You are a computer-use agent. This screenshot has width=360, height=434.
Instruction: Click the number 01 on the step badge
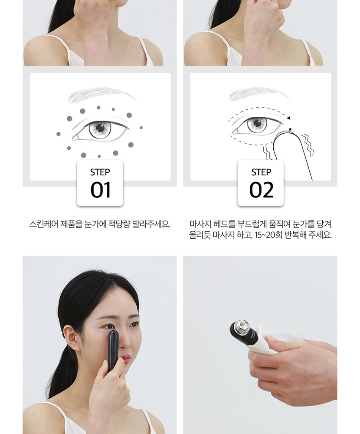pos(101,190)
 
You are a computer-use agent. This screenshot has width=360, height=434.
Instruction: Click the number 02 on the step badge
pos(262,190)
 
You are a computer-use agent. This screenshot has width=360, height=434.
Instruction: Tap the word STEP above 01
pos(100,172)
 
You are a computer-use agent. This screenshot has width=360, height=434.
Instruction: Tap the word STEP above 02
pos(261,172)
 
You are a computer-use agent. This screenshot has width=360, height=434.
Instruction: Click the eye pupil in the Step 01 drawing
pos(100,128)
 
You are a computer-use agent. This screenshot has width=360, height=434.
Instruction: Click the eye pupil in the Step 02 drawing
pos(258,122)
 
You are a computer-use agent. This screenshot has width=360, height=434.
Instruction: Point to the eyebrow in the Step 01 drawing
pos(102,94)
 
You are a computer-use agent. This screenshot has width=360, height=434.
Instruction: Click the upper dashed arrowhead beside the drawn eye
pos(289,118)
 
